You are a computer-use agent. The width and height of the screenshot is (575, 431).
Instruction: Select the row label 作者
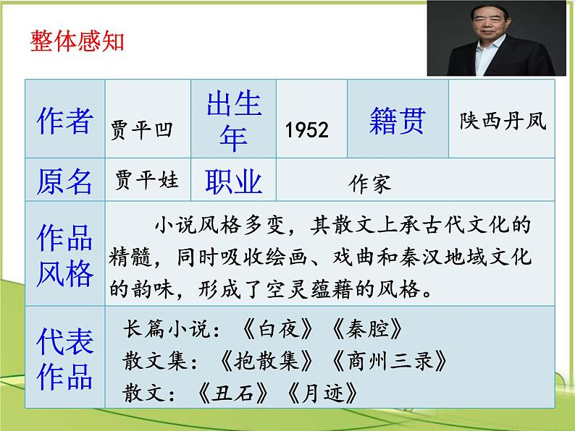click(64, 120)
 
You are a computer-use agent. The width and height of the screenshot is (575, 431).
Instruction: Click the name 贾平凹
click(142, 130)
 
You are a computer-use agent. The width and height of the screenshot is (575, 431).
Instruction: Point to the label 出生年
click(233, 121)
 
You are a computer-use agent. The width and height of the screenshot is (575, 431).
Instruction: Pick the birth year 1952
click(307, 130)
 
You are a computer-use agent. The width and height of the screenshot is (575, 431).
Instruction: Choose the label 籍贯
click(398, 120)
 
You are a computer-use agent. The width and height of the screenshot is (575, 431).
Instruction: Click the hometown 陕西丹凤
click(503, 121)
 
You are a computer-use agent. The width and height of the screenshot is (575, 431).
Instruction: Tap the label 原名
click(64, 182)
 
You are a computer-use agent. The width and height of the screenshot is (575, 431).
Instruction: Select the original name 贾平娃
click(147, 179)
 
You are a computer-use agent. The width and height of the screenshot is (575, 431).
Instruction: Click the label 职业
click(233, 182)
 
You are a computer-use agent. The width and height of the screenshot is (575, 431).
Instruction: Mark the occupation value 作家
click(369, 183)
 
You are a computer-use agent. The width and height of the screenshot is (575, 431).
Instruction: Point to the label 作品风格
click(64, 255)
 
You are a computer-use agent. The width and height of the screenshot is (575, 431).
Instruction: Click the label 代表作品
click(64, 360)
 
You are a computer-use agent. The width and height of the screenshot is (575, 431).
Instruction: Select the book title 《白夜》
click(277, 330)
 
